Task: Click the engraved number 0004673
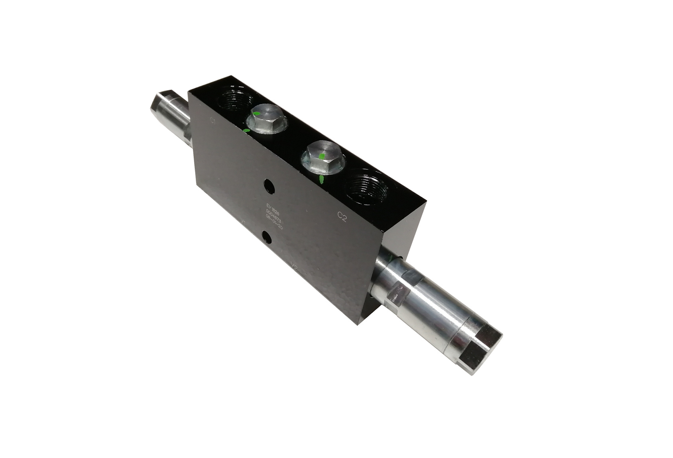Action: pyautogui.click(x=274, y=216)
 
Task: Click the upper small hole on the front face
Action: pyautogui.click(x=270, y=187)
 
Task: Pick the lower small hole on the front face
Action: pyautogui.click(x=267, y=238)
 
